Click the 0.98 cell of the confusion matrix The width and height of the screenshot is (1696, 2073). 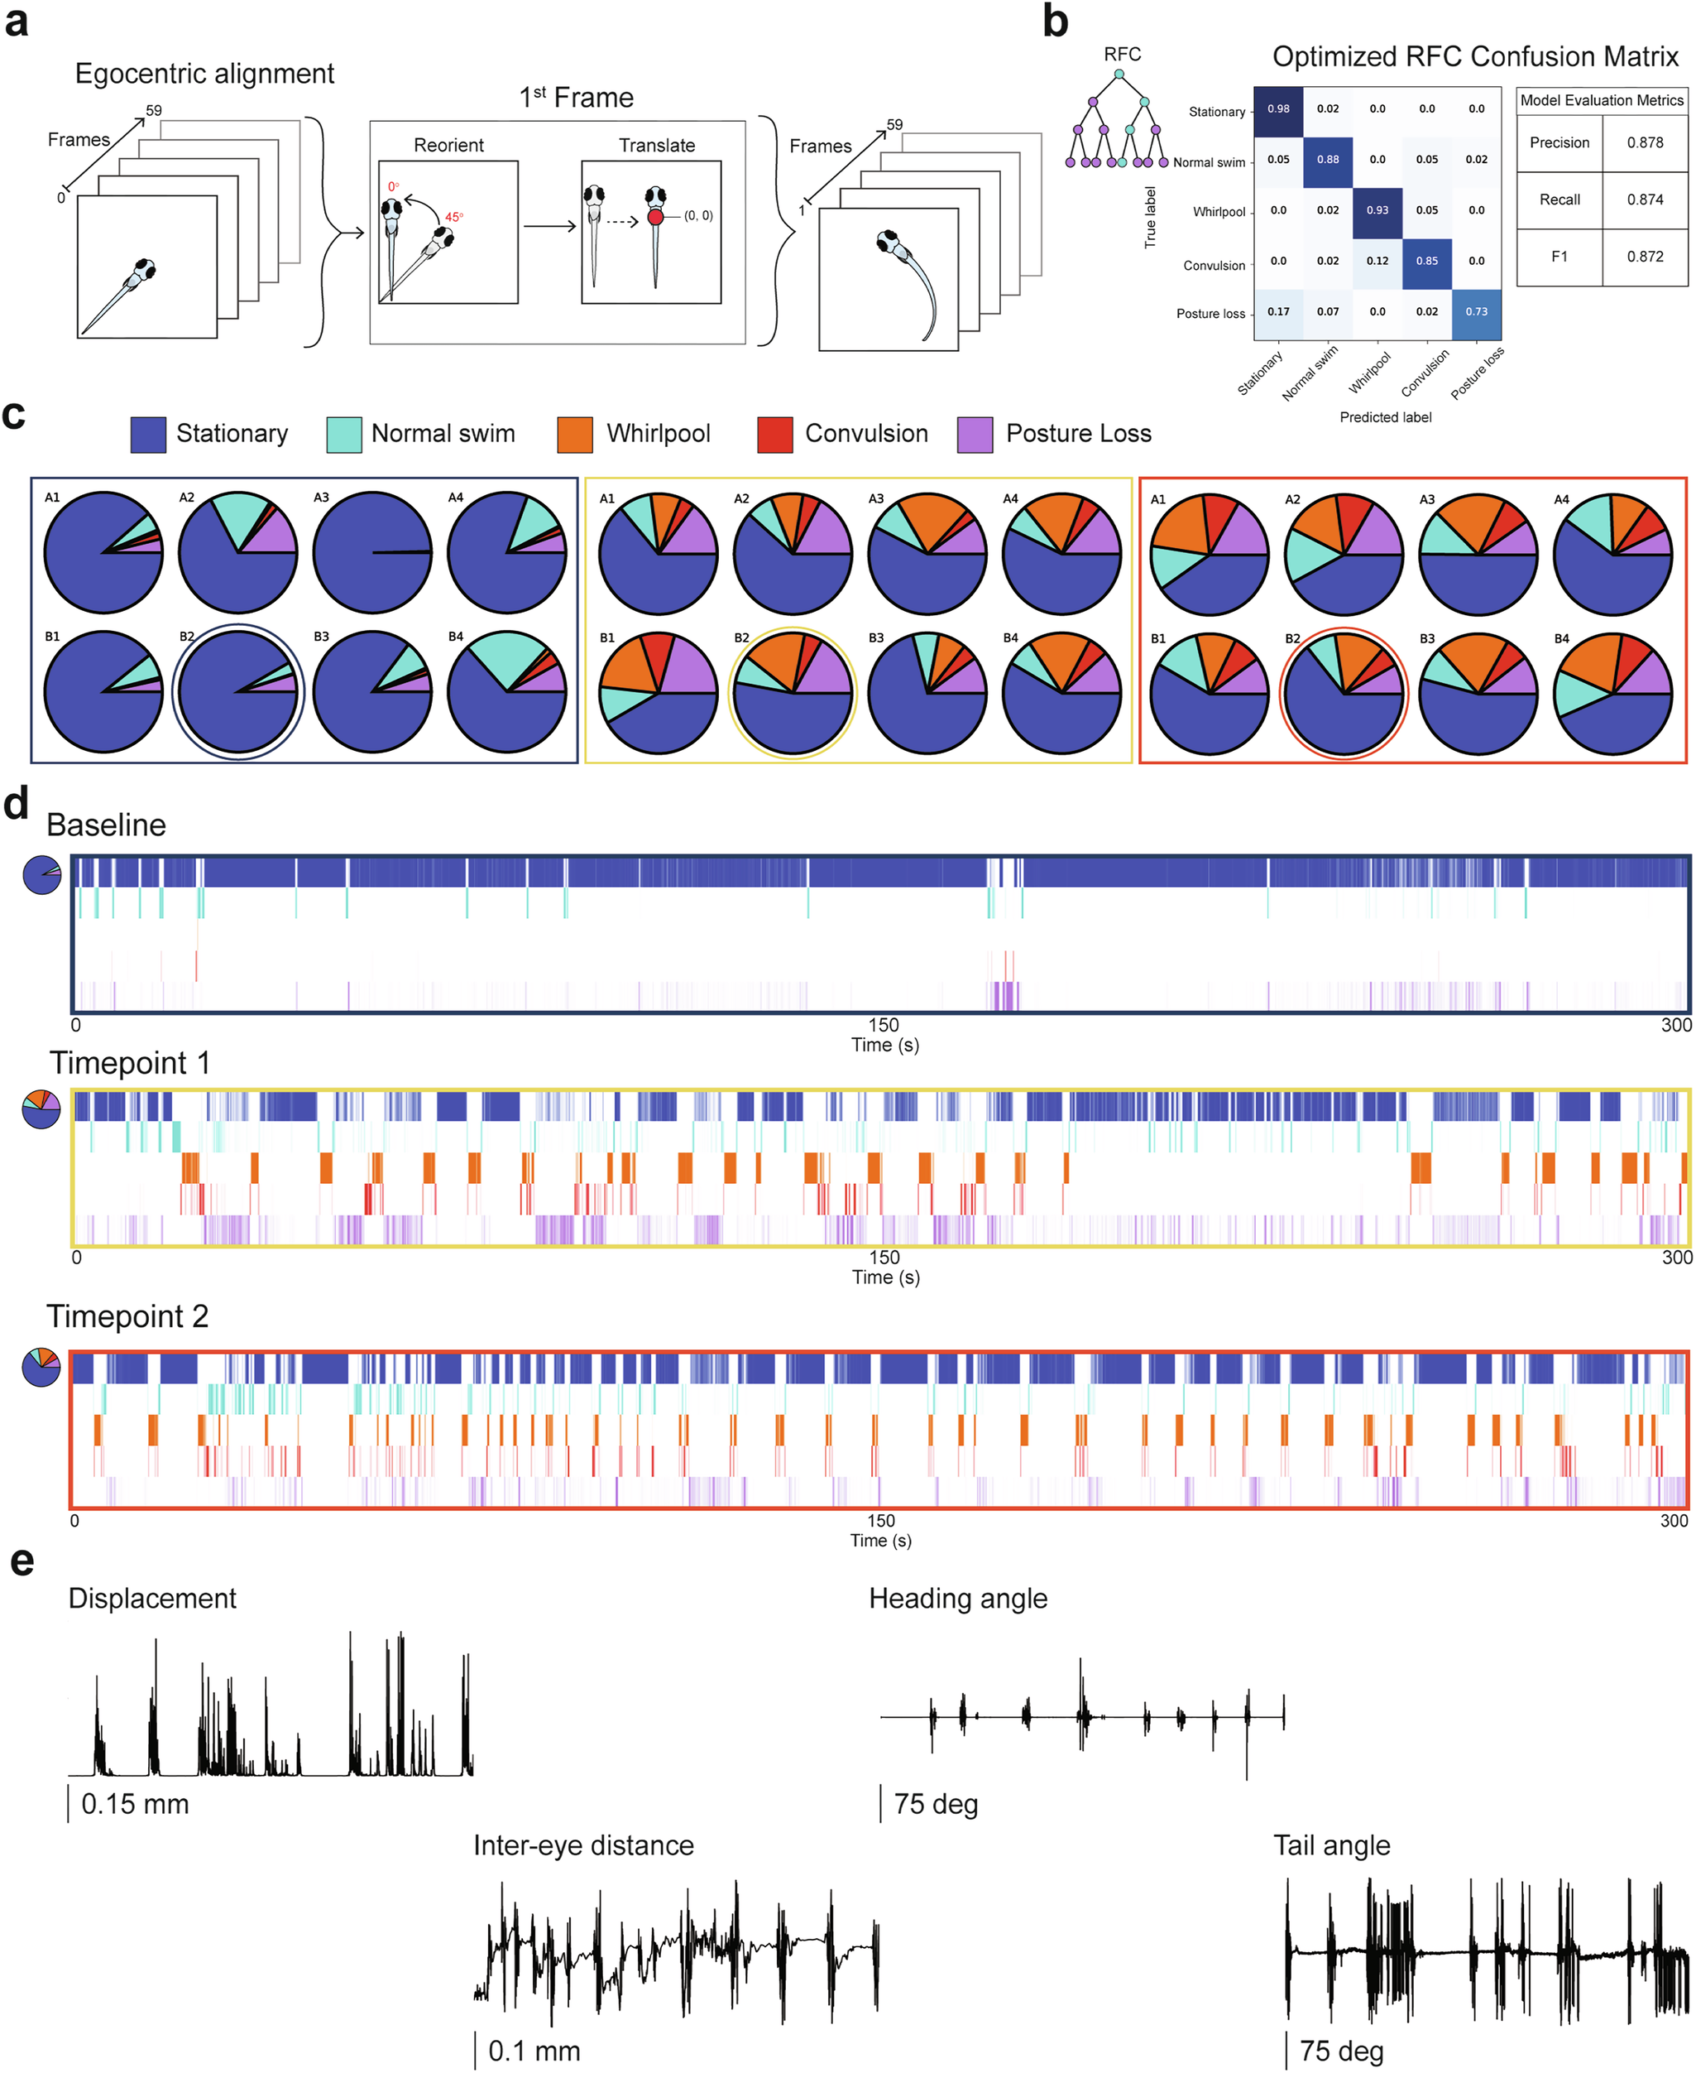1278,109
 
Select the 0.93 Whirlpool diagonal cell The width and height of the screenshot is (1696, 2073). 1377,210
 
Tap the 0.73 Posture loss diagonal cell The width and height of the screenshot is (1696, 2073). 1476,312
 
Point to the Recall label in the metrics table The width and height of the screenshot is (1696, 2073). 1559,200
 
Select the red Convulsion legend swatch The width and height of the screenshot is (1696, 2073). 774,434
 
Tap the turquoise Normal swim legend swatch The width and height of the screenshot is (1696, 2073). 344,434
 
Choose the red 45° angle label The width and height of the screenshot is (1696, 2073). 454,217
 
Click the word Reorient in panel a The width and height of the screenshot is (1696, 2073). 448,146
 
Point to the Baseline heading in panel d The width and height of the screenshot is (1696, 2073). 107,825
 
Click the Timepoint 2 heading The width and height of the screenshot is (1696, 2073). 128,1316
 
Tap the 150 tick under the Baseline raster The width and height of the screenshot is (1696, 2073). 884,1025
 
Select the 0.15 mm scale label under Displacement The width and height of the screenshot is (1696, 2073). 135,1803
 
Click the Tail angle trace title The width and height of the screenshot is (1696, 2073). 1332,1845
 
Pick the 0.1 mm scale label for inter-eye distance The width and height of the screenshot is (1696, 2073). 534,2051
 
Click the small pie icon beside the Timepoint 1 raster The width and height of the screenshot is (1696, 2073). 42,1109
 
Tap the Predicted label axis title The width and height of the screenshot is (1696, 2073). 1385,417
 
